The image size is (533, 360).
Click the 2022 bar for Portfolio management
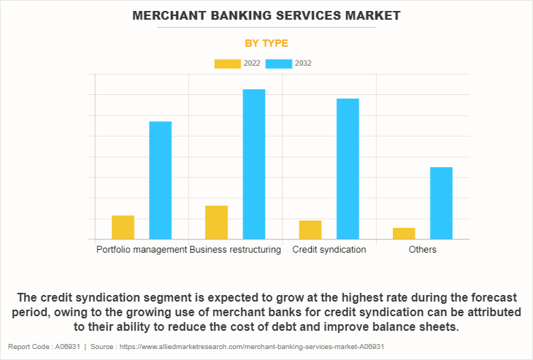click(x=123, y=227)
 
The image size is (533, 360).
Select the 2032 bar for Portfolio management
click(x=161, y=180)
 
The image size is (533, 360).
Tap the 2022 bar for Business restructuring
click(x=217, y=222)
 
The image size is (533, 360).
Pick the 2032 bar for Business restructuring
click(x=254, y=164)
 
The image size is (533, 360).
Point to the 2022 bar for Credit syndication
click(x=310, y=229)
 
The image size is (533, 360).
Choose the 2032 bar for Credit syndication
click(x=348, y=169)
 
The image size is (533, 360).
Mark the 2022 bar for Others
click(x=404, y=233)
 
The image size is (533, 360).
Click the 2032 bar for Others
click(x=441, y=203)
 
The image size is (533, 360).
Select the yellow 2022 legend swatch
click(x=227, y=64)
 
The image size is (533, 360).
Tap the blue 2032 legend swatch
click(x=279, y=64)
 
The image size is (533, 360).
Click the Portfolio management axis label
click(x=142, y=250)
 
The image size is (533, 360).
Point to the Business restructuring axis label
click(x=235, y=250)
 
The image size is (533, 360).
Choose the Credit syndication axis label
click(x=329, y=250)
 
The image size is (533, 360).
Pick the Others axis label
click(x=423, y=250)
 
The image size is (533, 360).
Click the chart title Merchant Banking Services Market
click(x=266, y=15)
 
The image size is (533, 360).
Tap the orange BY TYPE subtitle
click(x=266, y=43)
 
